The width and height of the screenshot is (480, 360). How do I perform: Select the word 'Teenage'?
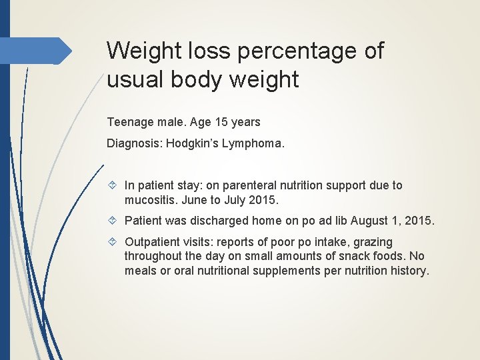tap(128, 123)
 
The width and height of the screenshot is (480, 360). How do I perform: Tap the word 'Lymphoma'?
tap(256, 143)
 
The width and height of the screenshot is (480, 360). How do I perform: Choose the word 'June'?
tap(193, 199)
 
